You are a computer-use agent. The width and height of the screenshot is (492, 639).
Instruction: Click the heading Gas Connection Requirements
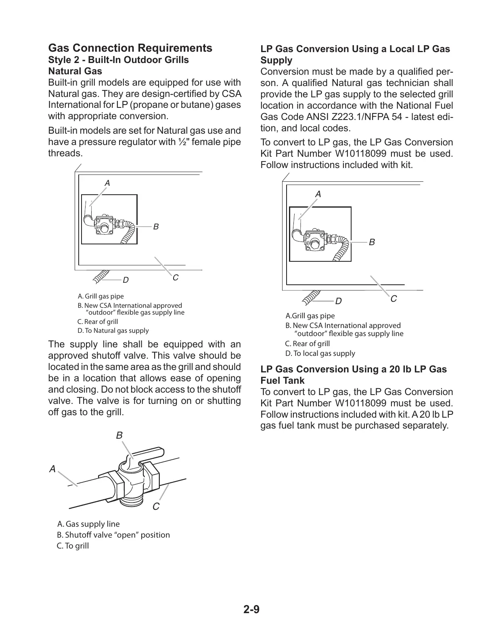pos(130,48)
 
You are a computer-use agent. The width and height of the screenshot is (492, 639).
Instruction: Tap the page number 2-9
pos(251,609)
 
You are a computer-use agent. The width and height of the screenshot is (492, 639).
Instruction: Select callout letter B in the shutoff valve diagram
pos(119,436)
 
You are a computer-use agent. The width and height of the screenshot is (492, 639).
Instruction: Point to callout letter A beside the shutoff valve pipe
pos(52,469)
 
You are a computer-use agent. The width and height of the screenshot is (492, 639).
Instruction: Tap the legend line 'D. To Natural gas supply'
pos(113,330)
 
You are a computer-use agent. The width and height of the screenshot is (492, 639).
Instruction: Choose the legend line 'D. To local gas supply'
pos(320,353)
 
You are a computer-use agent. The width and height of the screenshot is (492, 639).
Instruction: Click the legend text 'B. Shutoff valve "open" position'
pos(113,535)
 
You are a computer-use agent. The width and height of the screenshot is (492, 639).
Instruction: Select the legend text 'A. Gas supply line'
pos(88,524)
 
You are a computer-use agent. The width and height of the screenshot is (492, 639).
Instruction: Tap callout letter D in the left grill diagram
pos(126,280)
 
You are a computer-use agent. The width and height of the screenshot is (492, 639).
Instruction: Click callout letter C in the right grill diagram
pos(394,298)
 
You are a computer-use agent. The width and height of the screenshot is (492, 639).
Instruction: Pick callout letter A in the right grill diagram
pos(318,194)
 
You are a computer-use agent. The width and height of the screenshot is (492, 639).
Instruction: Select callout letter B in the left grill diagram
pos(156,227)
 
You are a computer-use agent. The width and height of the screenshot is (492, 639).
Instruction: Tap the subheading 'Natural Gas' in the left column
pos(75,71)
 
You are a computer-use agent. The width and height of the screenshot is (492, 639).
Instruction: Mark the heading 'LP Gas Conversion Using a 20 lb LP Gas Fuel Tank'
pos(354,375)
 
